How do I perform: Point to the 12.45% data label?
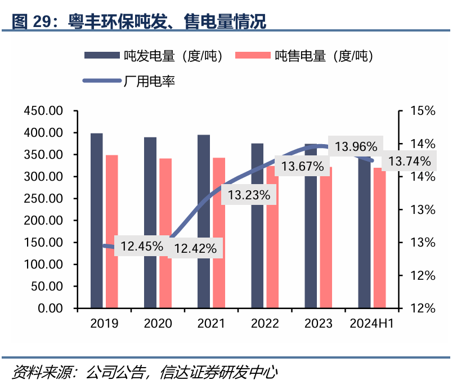pyautogui.click(x=141, y=246)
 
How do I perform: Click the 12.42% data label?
pyautogui.click(x=195, y=248)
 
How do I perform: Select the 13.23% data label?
pyautogui.click(x=249, y=195)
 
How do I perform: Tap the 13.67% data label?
pyautogui.click(x=303, y=166)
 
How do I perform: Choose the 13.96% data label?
pyautogui.click(x=356, y=147)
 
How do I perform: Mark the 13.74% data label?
pyautogui.click(x=409, y=162)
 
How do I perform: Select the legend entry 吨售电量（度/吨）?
pyautogui.click(x=304, y=56)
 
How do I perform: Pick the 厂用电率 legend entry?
pyautogui.click(x=129, y=81)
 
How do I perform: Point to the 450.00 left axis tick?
pyautogui.click(x=43, y=111)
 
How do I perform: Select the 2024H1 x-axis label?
pyautogui.click(x=371, y=324)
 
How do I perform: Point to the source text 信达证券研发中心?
pyautogui.click(x=219, y=372)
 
